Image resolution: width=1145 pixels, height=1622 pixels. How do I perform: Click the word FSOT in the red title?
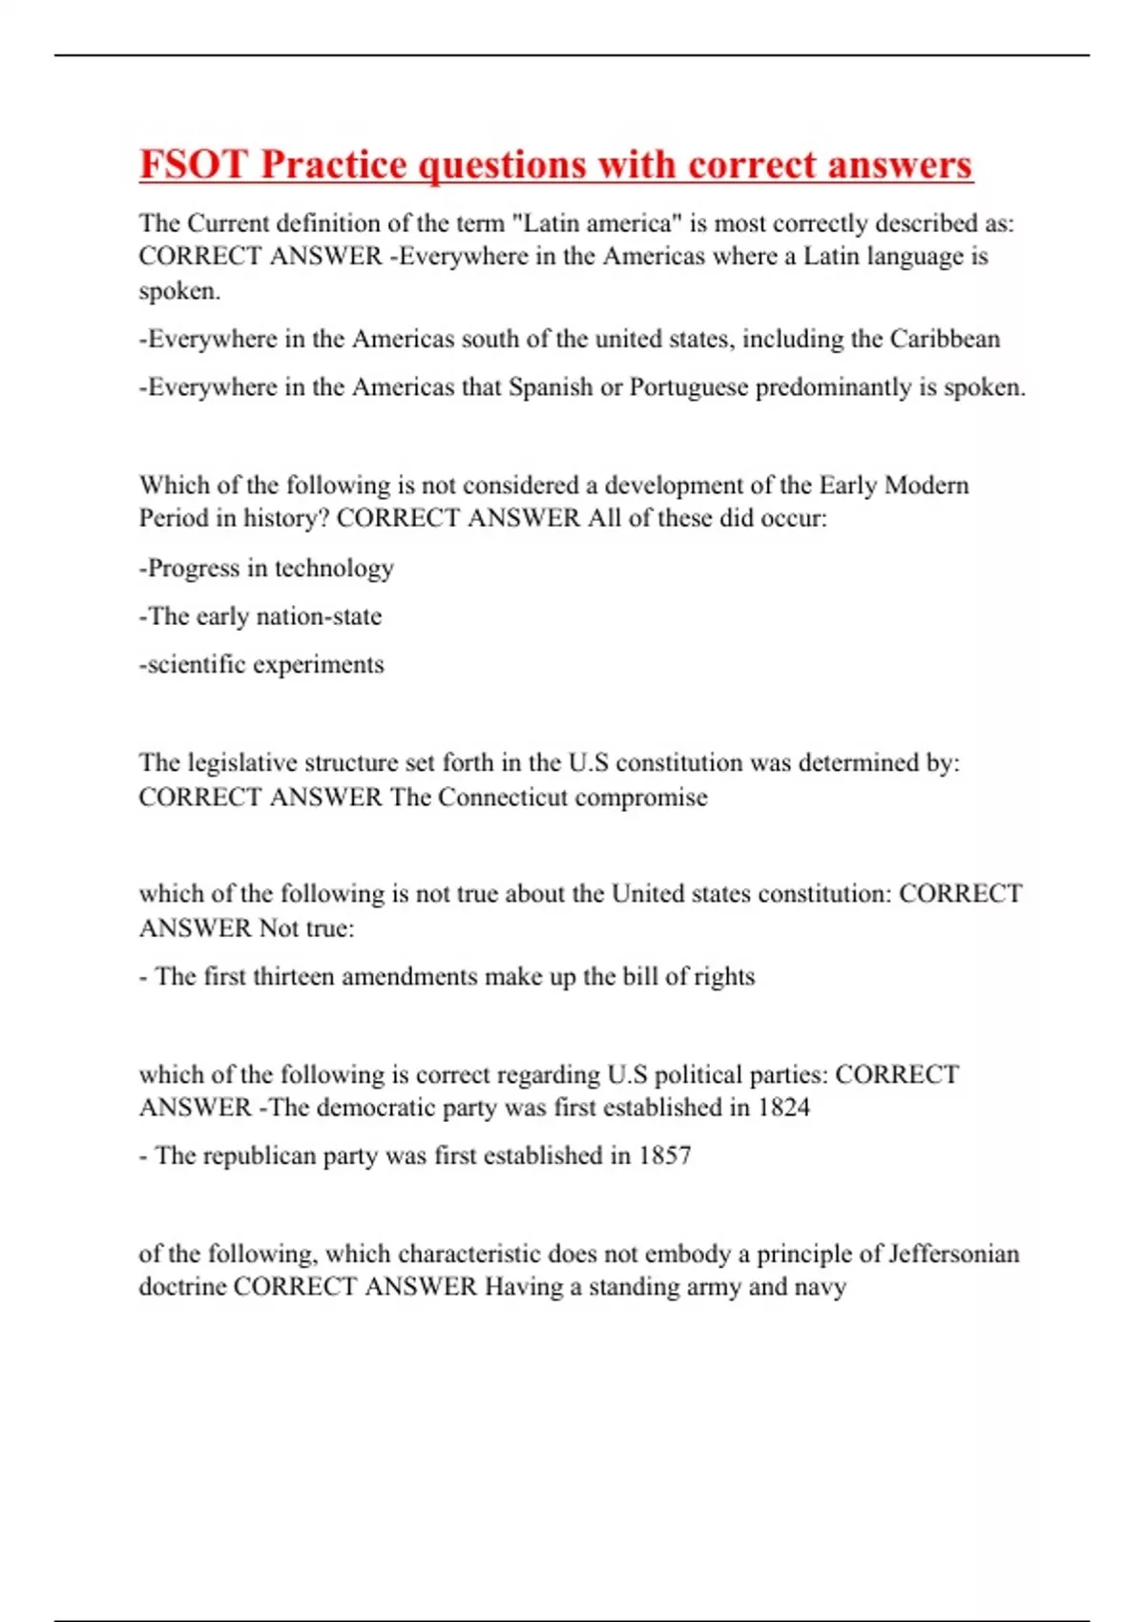pyautogui.click(x=194, y=164)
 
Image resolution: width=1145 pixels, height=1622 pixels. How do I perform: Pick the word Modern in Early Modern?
pyautogui.click(x=926, y=485)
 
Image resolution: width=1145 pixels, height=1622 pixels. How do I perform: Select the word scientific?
pyautogui.click(x=197, y=664)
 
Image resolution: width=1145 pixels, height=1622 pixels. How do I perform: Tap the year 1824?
pyautogui.click(x=783, y=1108)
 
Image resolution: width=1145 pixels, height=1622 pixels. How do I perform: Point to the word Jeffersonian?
pyautogui.click(x=953, y=1253)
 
